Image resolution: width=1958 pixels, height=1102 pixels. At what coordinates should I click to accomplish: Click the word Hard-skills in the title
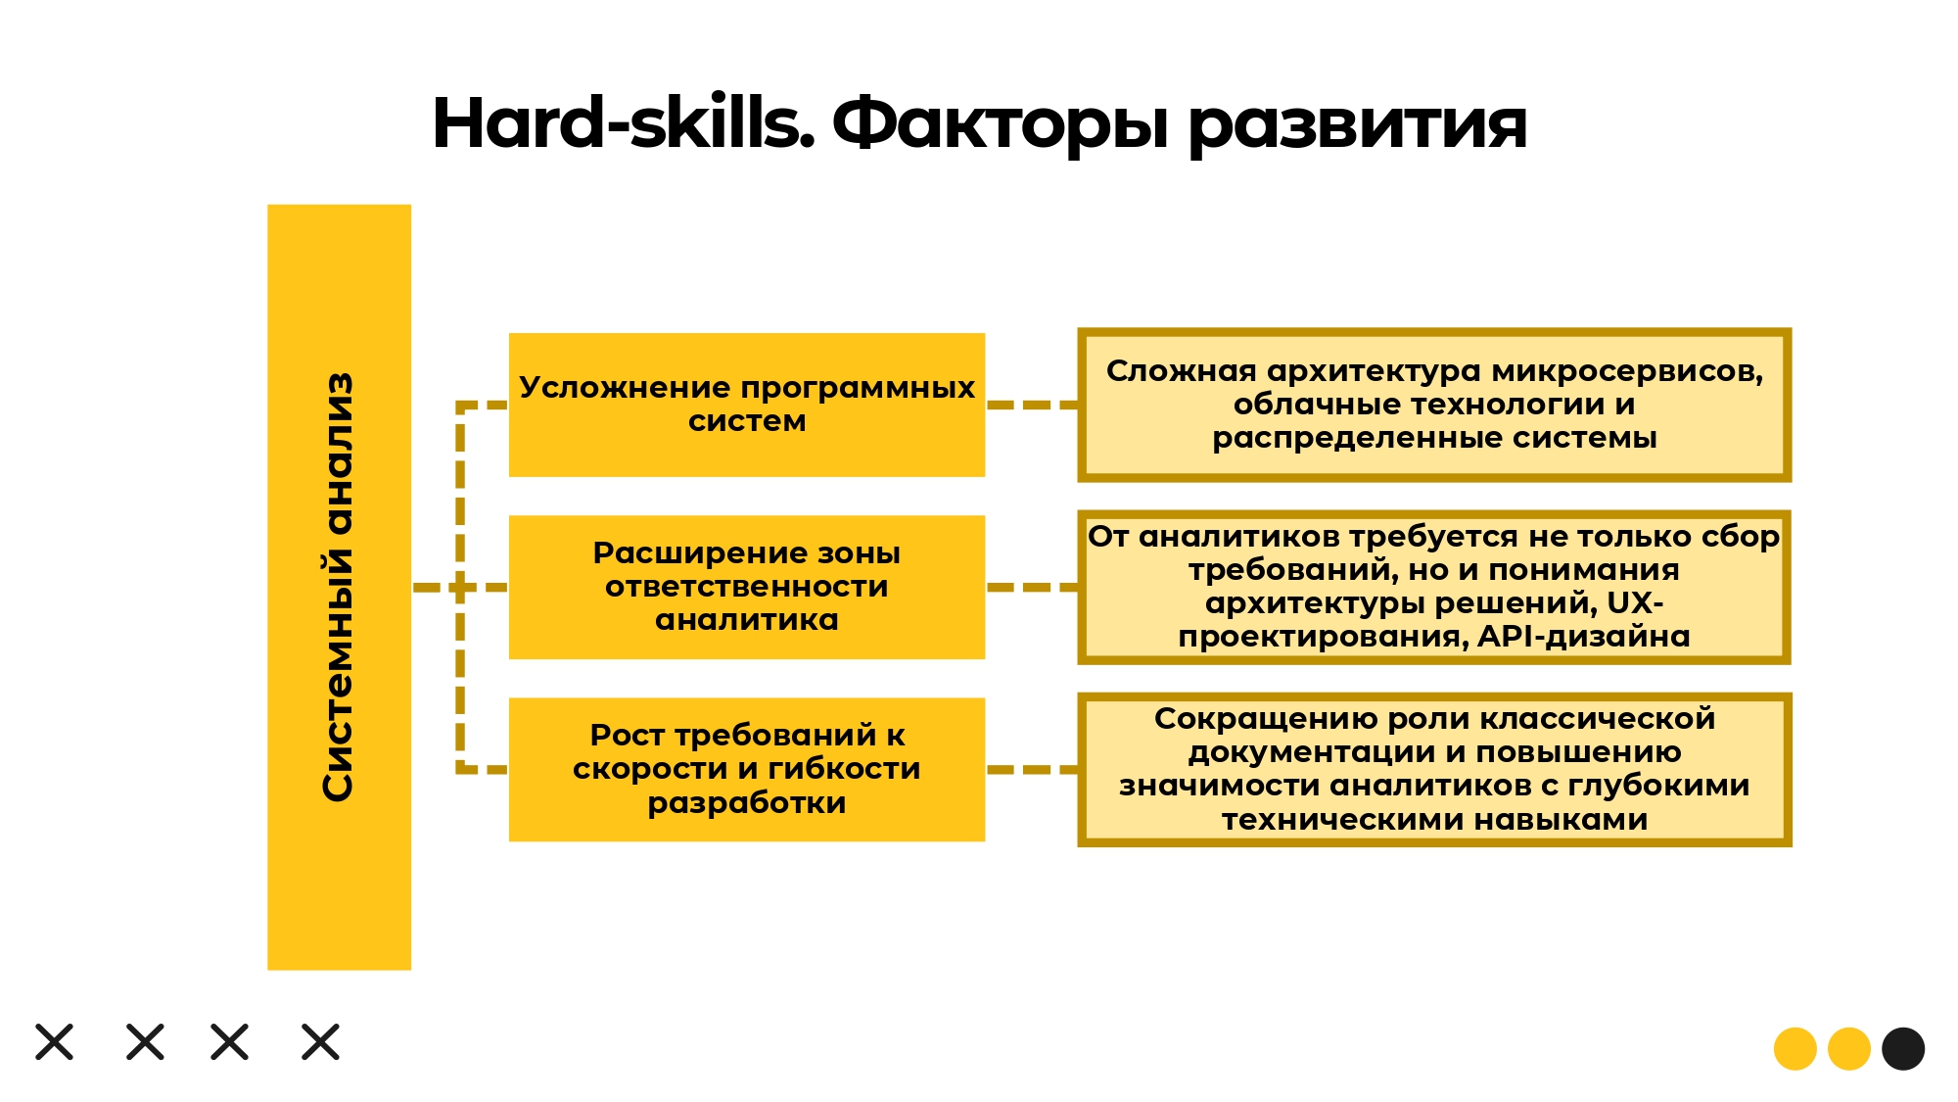pos(623,122)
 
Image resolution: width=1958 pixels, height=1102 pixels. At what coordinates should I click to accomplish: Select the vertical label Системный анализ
pos(338,587)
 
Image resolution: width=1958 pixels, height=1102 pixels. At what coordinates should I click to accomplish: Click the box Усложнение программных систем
pos(747,405)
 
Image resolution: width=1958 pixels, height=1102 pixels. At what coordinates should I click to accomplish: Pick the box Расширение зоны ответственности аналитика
pos(747,587)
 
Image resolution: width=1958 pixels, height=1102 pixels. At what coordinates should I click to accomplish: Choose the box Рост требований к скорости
pos(747,769)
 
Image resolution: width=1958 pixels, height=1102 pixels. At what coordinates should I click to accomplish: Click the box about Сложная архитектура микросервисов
pos(1434,405)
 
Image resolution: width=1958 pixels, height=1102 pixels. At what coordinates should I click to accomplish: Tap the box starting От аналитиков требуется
pos(1434,587)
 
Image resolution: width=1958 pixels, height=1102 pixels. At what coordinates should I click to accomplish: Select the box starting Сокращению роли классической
pos(1434,769)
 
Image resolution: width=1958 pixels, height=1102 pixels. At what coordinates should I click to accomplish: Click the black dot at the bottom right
pos(1903,1049)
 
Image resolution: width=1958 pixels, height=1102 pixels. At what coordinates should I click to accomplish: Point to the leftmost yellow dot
pos(1795,1049)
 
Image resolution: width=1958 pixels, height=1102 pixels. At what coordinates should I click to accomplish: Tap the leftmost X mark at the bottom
pos(55,1042)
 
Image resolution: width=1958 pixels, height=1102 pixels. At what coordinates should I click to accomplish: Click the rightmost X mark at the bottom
pos(320,1042)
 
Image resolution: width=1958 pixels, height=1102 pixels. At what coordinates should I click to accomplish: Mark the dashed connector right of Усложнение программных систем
pos(1032,405)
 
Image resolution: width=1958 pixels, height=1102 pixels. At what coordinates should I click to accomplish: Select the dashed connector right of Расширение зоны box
pos(1032,587)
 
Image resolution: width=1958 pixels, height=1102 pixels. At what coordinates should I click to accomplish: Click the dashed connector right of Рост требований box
pos(1032,770)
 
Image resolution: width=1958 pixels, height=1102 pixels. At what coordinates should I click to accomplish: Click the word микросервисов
pos(1626,371)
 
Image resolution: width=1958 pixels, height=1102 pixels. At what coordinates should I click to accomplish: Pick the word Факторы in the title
pos(1000,124)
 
